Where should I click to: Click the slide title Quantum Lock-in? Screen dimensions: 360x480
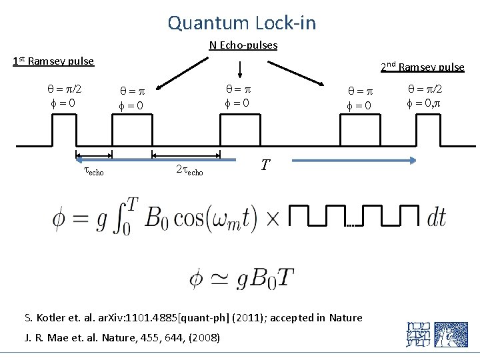(241, 23)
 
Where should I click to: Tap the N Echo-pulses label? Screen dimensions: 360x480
(243, 45)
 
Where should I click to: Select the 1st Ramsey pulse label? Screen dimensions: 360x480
(53, 62)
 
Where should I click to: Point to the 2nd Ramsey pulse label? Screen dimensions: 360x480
(422, 67)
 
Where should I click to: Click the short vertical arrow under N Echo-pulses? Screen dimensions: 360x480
(241, 69)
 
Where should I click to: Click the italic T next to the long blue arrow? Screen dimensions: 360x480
(265, 165)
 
